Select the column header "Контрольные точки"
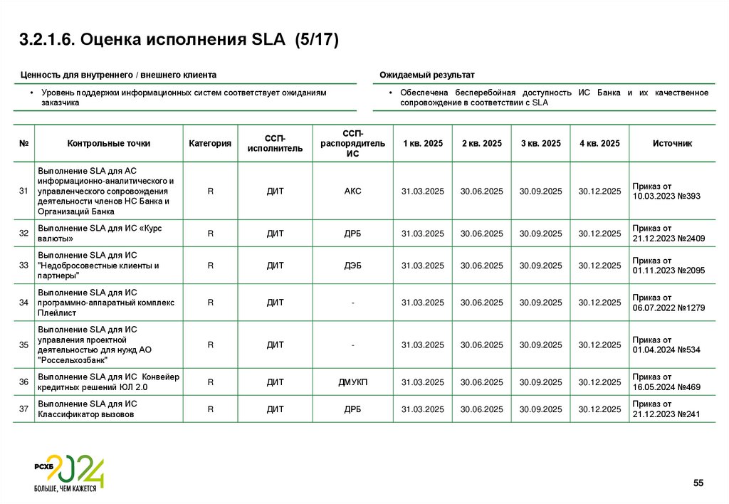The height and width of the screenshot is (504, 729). tap(109, 143)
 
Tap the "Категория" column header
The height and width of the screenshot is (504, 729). tap(210, 143)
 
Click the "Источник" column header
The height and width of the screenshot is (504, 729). tap(672, 143)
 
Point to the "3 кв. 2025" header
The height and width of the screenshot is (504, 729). tap(540, 143)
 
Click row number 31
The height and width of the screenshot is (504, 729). tap(23, 191)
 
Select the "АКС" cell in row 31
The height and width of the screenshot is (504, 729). tap(353, 191)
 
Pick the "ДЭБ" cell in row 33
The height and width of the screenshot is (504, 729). tap(353, 266)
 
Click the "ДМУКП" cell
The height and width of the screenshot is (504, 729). tap(353, 382)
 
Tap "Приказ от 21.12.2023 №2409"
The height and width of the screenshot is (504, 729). tap(668, 233)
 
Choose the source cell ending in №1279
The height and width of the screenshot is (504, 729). tap(668, 303)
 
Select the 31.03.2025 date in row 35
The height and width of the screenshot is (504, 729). tap(423, 345)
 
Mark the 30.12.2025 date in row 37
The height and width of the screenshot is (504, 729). tap(599, 409)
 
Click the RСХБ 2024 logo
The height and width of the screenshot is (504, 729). tap(69, 473)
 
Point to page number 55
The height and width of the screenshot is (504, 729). tap(698, 484)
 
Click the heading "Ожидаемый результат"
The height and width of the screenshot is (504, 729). tap(426, 75)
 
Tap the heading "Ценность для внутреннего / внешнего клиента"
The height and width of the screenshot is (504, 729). tap(119, 75)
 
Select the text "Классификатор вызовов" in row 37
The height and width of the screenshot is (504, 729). tap(86, 414)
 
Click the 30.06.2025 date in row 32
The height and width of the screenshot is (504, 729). tap(482, 233)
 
